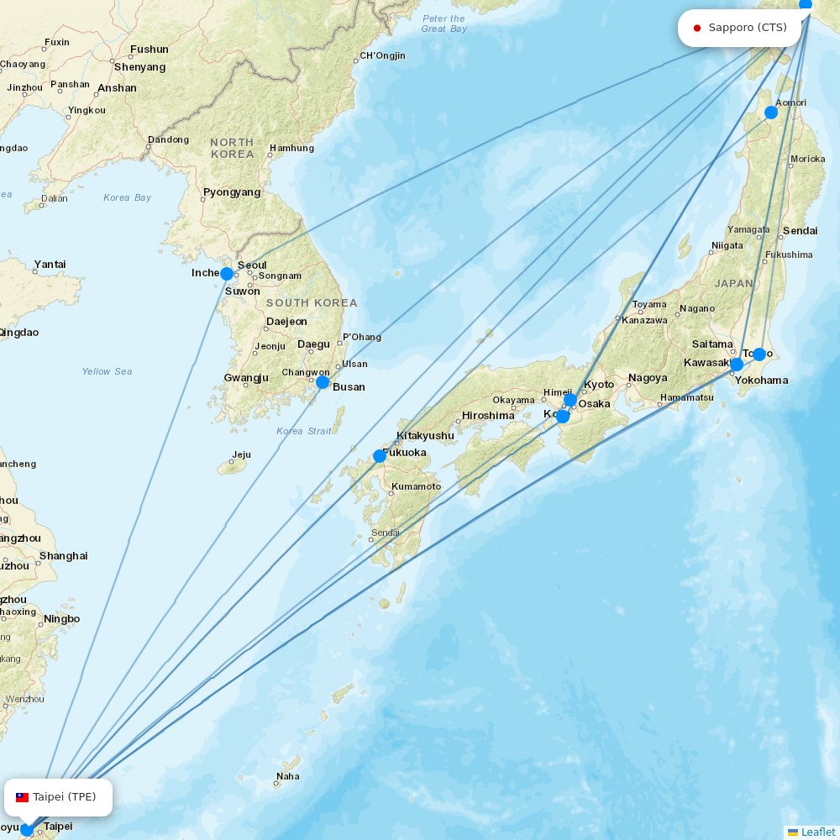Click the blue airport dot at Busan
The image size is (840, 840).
click(x=323, y=382)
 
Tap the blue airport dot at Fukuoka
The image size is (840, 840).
click(x=380, y=456)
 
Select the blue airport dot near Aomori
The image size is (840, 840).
click(x=771, y=113)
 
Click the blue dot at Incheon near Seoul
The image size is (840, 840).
click(x=227, y=274)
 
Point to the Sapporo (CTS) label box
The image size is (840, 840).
click(x=740, y=28)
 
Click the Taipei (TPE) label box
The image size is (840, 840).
click(x=58, y=797)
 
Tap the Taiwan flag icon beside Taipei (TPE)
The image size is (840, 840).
click(x=23, y=797)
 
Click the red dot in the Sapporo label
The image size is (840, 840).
click(x=697, y=28)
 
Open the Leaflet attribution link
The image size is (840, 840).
click(x=817, y=832)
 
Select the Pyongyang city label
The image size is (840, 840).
click(x=232, y=192)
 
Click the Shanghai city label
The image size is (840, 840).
click(x=63, y=556)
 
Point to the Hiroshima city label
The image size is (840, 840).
click(x=488, y=416)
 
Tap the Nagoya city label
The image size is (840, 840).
click(x=648, y=378)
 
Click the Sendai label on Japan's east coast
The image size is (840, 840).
click(x=800, y=230)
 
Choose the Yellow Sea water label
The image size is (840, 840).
click(x=107, y=371)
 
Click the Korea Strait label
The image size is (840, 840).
click(x=304, y=431)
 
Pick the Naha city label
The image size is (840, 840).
click(x=288, y=776)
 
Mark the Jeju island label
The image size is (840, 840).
click(x=242, y=455)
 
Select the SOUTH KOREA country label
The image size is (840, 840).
click(x=312, y=302)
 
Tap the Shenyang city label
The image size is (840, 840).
click(x=140, y=67)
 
